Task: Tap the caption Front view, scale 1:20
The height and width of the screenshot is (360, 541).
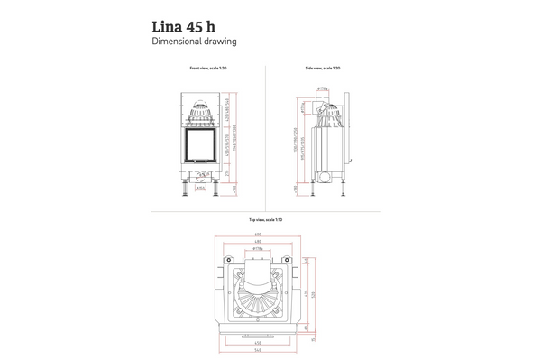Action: pyautogui.click(x=207, y=69)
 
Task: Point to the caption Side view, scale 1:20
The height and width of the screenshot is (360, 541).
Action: pyautogui.click(x=323, y=69)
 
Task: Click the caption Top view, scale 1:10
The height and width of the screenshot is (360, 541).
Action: pyautogui.click(x=265, y=219)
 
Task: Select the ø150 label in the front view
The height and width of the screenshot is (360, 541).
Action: pyautogui.click(x=202, y=189)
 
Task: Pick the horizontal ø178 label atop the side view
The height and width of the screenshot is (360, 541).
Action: pyautogui.click(x=322, y=88)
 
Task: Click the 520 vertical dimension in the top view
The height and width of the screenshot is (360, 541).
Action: pyautogui.click(x=313, y=298)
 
